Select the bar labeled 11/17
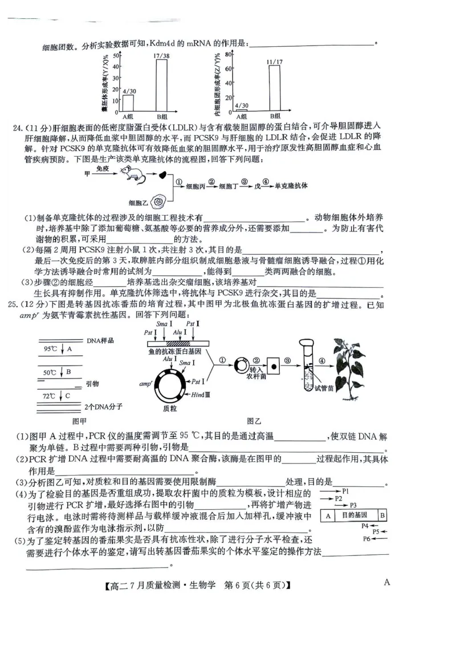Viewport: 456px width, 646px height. click(274, 87)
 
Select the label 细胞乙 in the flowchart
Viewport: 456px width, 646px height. click(138, 203)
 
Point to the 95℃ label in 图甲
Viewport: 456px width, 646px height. click(50, 348)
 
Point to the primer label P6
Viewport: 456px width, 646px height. click(367, 538)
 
